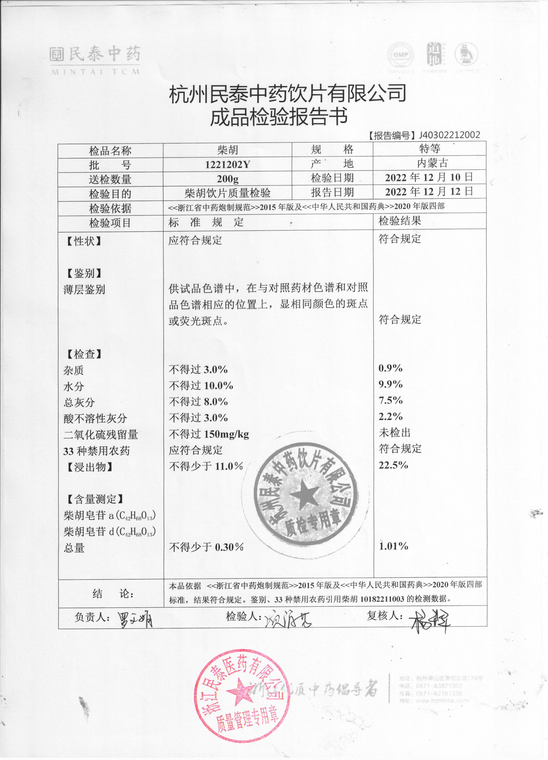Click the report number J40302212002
coord(449,135)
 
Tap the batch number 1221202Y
coord(228,164)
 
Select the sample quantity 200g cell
coord(228,179)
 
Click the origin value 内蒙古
coord(432,163)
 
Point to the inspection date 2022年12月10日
coord(429,177)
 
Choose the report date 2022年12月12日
coord(429,192)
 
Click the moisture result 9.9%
coord(390,384)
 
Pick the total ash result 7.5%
coord(390,400)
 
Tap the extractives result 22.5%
coord(393,465)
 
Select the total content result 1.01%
coord(393,546)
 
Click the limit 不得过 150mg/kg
coord(209,434)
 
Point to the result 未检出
coord(395,433)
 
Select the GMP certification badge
coord(401,55)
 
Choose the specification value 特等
coord(429,149)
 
